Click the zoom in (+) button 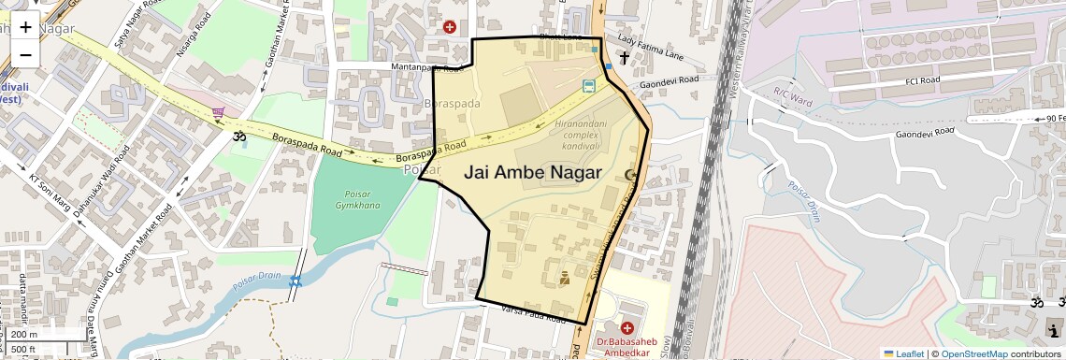tap(25, 26)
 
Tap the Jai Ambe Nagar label tap(532, 173)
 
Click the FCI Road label tap(921, 80)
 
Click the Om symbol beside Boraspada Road tap(238, 137)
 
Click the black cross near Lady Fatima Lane tap(624, 58)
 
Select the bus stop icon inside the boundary tap(588, 87)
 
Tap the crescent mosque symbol tap(630, 175)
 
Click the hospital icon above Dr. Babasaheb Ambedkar tap(627, 329)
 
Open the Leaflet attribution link tap(904, 353)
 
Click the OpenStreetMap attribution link tap(973, 353)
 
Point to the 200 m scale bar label tap(24, 335)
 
